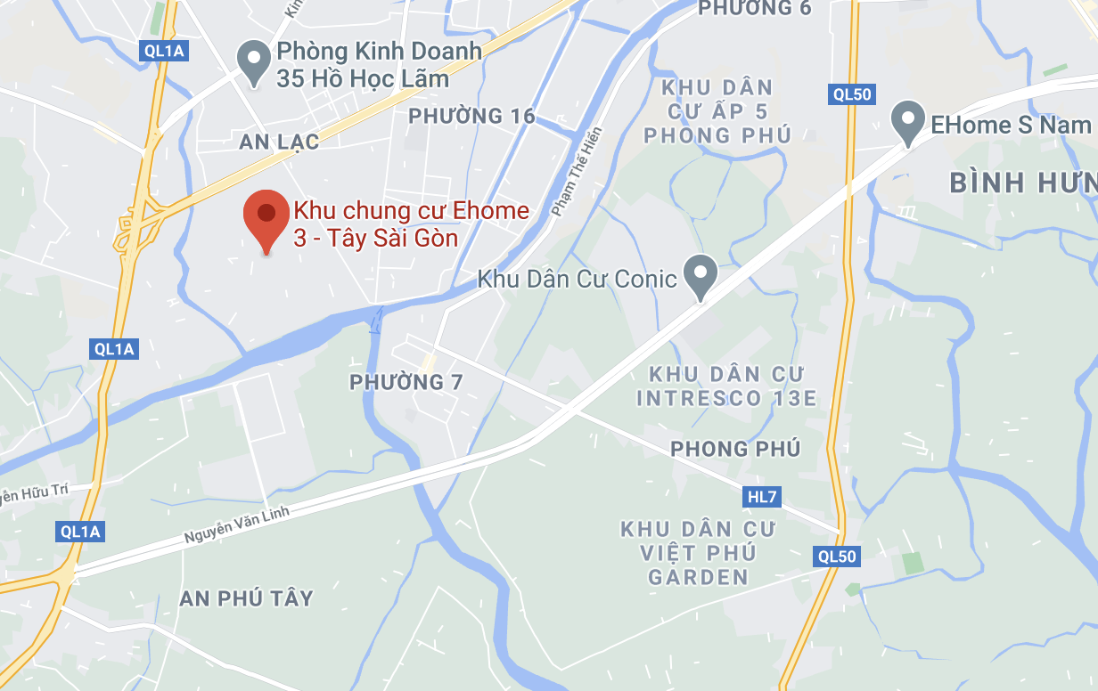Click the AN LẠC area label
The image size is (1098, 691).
274,141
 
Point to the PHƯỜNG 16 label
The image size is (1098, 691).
471,116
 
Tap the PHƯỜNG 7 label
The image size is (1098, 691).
406,382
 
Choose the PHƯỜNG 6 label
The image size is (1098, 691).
755,8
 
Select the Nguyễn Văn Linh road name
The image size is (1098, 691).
240,520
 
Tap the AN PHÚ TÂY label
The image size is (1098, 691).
246,598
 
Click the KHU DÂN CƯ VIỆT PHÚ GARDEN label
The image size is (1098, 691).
698,553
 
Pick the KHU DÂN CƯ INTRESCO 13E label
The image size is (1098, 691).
726,386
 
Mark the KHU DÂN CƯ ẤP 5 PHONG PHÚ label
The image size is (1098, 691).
717,111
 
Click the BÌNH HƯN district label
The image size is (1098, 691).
1022,183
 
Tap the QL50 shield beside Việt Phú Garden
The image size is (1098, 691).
837,557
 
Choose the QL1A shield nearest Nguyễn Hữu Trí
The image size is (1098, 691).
81,532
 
